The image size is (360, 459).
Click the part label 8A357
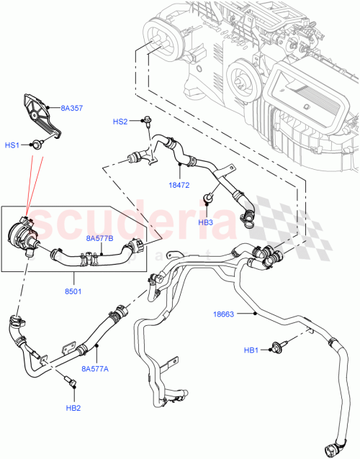click(x=71, y=109)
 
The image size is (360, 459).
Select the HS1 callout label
click(x=12, y=145)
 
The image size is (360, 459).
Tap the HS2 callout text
click(x=120, y=122)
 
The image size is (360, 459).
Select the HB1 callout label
click(x=251, y=350)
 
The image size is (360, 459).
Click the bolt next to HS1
click(x=35, y=145)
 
